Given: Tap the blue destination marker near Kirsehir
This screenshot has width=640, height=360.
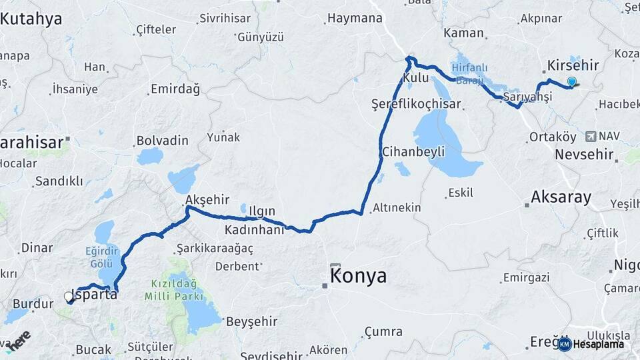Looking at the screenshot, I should (571, 82).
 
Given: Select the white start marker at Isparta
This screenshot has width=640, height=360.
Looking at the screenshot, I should (68, 296).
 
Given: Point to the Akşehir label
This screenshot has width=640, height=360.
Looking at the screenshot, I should (207, 199).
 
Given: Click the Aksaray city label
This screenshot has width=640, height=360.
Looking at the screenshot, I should (561, 197).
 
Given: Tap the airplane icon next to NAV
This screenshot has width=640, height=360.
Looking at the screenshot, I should (589, 137).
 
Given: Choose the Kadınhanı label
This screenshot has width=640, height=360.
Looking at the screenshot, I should (254, 229).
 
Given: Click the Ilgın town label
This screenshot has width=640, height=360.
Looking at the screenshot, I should (261, 211).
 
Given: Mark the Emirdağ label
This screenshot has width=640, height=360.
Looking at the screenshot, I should (175, 89).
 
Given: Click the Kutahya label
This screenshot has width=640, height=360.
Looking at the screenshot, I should (31, 19).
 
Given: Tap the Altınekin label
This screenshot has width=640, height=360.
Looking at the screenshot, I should (397, 207).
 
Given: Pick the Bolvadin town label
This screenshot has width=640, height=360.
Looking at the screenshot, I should (162, 141).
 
